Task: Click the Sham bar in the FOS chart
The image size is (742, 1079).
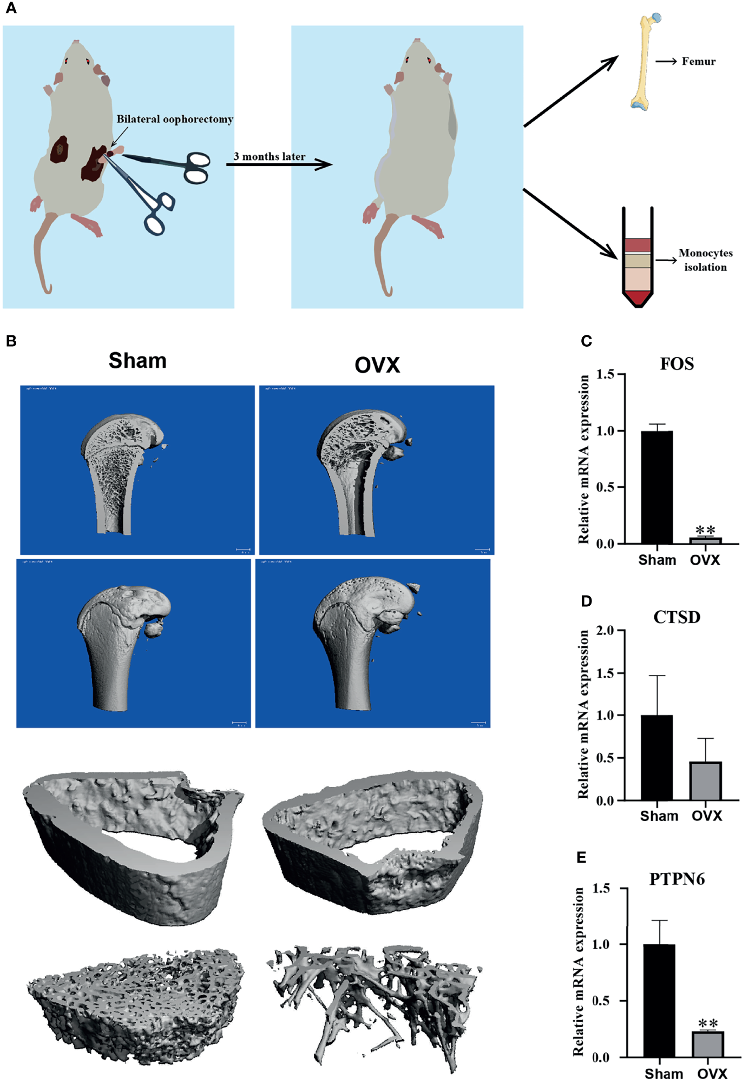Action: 656,487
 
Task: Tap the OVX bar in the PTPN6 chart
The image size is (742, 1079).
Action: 708,1044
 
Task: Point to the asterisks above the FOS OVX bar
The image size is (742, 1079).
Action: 705,530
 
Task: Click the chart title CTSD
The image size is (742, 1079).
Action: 677,617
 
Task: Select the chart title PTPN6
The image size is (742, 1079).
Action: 677,879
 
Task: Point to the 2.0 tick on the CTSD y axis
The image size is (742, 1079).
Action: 605,631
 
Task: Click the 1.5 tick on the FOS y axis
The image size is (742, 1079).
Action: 605,374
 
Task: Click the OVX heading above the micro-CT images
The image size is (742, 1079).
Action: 377,366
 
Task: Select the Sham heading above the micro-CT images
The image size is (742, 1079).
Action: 137,361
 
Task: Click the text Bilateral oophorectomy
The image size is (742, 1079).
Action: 175,119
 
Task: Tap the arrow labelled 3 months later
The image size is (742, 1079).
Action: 279,164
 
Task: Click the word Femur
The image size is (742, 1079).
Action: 698,62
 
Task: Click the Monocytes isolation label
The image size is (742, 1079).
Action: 705,260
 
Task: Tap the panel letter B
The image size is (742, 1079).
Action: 11,341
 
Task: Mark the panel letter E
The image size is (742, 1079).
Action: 581,857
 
